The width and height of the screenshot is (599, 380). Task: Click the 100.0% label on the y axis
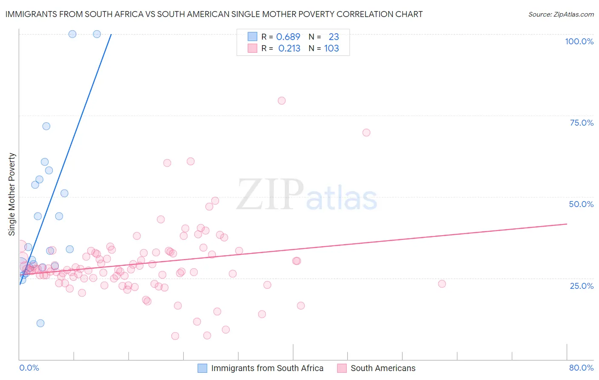coord(579,41)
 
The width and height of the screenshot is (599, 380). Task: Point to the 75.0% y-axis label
coord(582,123)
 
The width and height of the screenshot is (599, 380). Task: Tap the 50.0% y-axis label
coord(581,204)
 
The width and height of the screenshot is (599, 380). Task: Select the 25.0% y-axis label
coord(582,285)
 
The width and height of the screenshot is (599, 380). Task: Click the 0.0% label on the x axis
coord(29,368)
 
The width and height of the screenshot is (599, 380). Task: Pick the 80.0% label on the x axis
coord(581,368)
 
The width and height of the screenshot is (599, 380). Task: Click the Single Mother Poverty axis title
coord(12,194)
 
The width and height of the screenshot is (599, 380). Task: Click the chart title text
coord(214,14)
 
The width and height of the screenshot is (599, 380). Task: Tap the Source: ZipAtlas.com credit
coord(561,14)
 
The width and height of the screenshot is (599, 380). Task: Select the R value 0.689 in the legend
coord(288,37)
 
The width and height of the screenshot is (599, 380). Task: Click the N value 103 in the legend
coord(331,49)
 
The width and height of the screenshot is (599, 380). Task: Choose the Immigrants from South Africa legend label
coord(267,368)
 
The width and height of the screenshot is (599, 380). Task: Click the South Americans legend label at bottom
coord(383,368)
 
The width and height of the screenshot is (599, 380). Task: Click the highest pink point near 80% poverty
coord(282,101)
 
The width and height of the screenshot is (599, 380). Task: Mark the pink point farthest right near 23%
coord(442,284)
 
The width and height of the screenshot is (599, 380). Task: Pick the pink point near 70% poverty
coord(366,132)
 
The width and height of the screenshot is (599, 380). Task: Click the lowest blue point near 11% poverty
coord(40,323)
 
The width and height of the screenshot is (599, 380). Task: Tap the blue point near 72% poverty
coord(46,126)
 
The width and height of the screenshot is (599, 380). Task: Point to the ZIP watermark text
coord(270,194)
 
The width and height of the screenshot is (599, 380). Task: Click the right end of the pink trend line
coord(567,224)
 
